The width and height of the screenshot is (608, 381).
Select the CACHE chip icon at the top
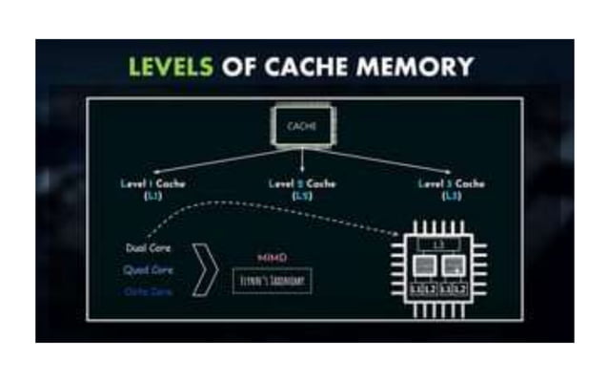[303, 125]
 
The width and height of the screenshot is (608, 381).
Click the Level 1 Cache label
[152, 183]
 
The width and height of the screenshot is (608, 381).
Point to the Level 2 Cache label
[303, 183]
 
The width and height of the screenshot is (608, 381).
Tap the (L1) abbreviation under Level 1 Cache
[152, 195]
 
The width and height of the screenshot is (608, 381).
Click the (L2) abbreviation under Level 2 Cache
[303, 195]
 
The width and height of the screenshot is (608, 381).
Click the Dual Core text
[148, 249]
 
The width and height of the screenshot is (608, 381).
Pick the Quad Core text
[149, 270]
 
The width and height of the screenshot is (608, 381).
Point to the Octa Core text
[148, 291]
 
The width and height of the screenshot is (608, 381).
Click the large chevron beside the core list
[203, 271]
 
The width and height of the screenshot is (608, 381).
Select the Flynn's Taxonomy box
[272, 282]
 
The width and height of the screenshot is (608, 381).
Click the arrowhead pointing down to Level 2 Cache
[303, 171]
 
